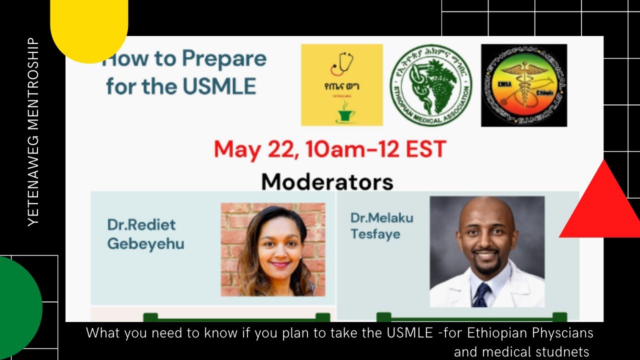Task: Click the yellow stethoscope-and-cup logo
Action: click(342, 84)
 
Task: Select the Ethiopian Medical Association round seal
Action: click(430, 85)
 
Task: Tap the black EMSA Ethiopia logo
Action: click(524, 85)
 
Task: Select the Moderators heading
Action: click(327, 181)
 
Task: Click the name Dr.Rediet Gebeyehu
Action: click(145, 234)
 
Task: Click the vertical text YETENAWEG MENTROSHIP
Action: click(33, 132)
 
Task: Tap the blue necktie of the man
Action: click(481, 294)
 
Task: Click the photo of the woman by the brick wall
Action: click(273, 249)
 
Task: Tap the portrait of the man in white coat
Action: click(487, 251)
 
